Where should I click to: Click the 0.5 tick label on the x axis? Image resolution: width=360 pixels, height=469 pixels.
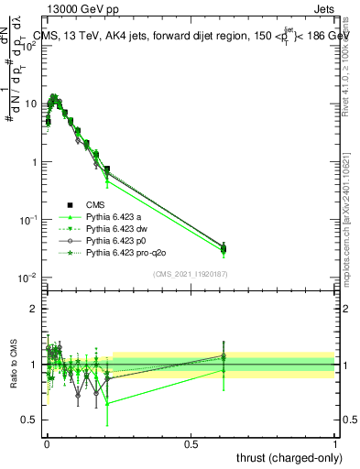tap(191, 442)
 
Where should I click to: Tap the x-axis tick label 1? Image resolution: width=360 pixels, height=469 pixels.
tap(335, 442)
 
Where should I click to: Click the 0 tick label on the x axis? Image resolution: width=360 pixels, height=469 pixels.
tap(47, 442)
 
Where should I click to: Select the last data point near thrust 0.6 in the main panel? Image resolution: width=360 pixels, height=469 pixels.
tap(224, 247)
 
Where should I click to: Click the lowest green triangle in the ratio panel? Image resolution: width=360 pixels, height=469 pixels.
tap(108, 403)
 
